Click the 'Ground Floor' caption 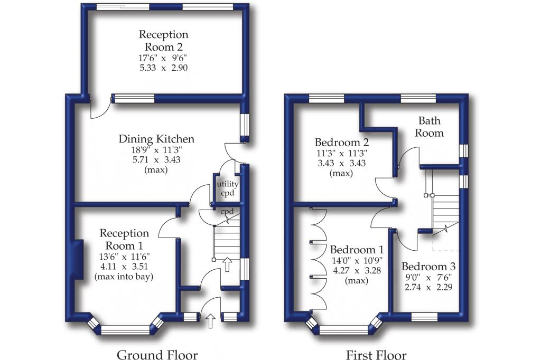click(157, 355)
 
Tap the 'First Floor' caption click(376, 355)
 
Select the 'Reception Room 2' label click(163, 41)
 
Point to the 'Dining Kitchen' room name click(156, 139)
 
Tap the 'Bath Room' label click(428, 127)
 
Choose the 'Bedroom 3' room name click(428, 266)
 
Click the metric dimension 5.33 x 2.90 click(163, 68)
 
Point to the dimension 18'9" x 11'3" click(156, 150)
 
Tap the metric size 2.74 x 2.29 click(428, 287)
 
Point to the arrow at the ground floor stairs click(227, 264)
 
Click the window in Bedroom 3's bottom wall click(424, 316)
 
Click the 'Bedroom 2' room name click(341, 143)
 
